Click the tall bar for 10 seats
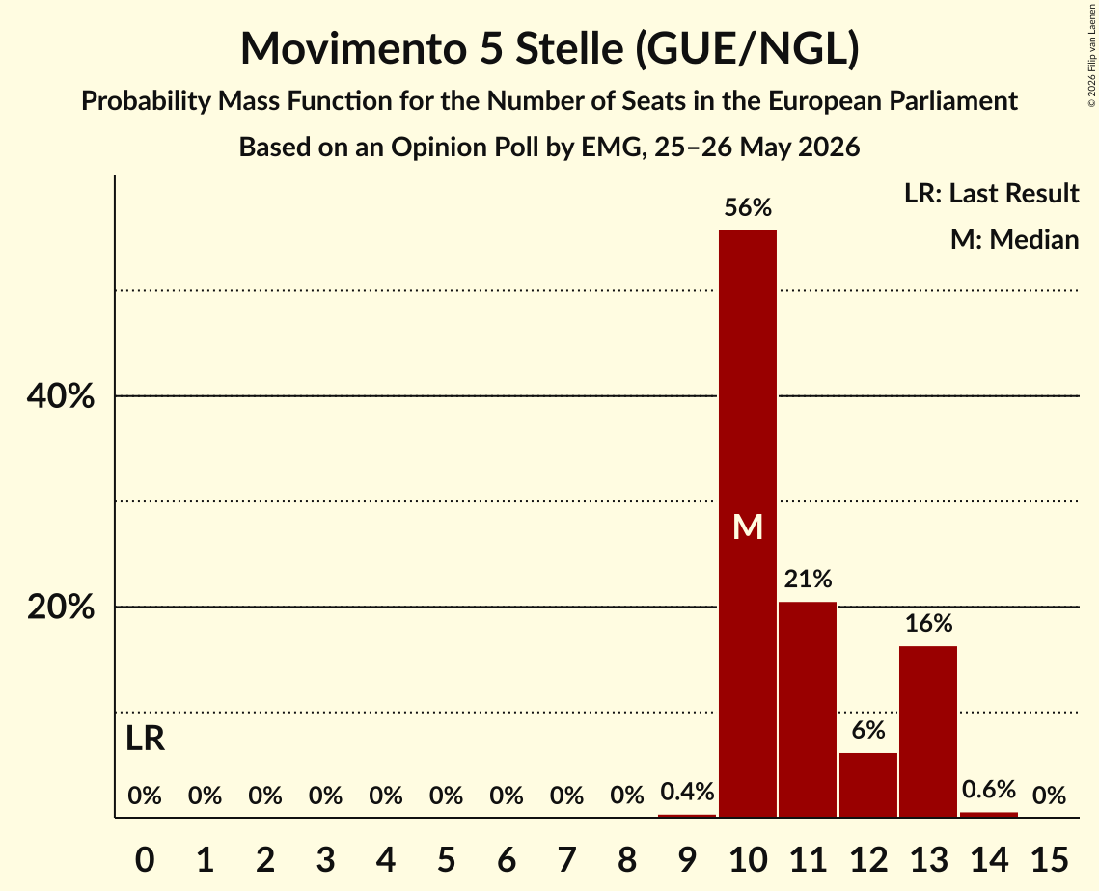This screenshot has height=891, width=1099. tap(748, 524)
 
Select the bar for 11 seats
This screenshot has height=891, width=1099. tap(809, 710)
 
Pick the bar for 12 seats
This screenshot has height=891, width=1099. tap(868, 785)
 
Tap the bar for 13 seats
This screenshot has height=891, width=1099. tap(928, 731)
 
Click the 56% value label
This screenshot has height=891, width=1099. tap(748, 207)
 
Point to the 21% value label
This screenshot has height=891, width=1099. tap(809, 579)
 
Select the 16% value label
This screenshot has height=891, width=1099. tap(928, 623)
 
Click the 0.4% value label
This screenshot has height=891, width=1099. tap(688, 792)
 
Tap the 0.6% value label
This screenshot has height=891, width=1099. tap(989, 790)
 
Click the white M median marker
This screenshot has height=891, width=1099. tap(748, 526)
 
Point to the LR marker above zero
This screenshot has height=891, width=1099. tap(145, 739)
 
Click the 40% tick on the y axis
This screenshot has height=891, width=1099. tap(60, 395)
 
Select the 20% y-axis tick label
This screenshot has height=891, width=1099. tap(60, 607)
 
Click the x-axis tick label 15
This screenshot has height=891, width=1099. tap(1049, 859)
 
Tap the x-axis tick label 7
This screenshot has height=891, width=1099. tap(567, 859)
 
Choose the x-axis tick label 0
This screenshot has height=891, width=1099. tap(145, 859)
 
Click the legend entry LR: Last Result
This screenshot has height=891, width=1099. tap(992, 193)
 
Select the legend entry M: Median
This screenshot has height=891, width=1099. tap(1015, 239)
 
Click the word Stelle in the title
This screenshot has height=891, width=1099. tap(569, 48)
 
